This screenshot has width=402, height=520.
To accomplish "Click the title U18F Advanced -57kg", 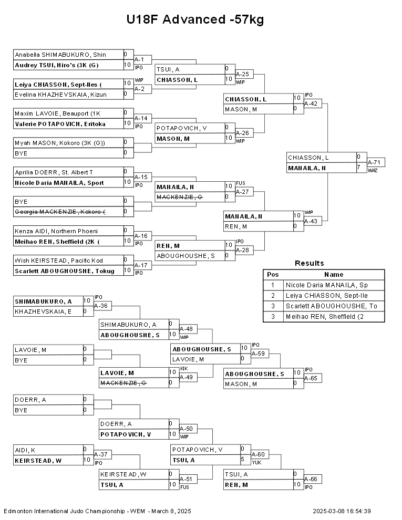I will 194,20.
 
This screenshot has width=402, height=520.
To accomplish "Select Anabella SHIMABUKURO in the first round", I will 60,55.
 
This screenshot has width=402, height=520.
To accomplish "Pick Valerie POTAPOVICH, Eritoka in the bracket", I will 60,124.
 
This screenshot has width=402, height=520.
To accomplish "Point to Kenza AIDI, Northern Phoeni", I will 56,231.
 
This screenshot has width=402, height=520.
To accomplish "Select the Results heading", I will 309,263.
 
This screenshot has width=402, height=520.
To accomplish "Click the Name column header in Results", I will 333,274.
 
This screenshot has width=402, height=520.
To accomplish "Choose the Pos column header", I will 273,274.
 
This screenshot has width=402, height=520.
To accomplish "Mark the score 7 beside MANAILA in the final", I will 358,168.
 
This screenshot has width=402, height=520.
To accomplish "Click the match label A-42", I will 312,103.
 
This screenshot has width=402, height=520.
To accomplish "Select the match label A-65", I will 312,378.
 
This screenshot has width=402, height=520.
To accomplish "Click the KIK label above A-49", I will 183,369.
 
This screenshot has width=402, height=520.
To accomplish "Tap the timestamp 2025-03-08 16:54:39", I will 342,511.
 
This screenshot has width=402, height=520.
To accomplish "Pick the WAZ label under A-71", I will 373,170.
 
